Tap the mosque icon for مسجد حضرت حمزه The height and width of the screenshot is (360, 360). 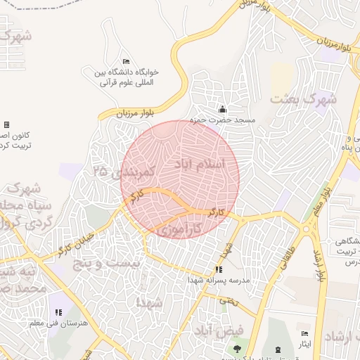[223, 109]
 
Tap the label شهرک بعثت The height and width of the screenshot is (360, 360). [304, 99]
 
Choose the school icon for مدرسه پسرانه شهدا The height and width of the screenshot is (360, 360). [219, 269]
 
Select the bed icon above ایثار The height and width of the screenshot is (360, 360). [304, 333]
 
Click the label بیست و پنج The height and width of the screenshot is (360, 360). [112, 262]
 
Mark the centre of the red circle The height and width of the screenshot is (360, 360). [180, 179]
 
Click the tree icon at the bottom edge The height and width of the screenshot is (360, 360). [236, 349]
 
